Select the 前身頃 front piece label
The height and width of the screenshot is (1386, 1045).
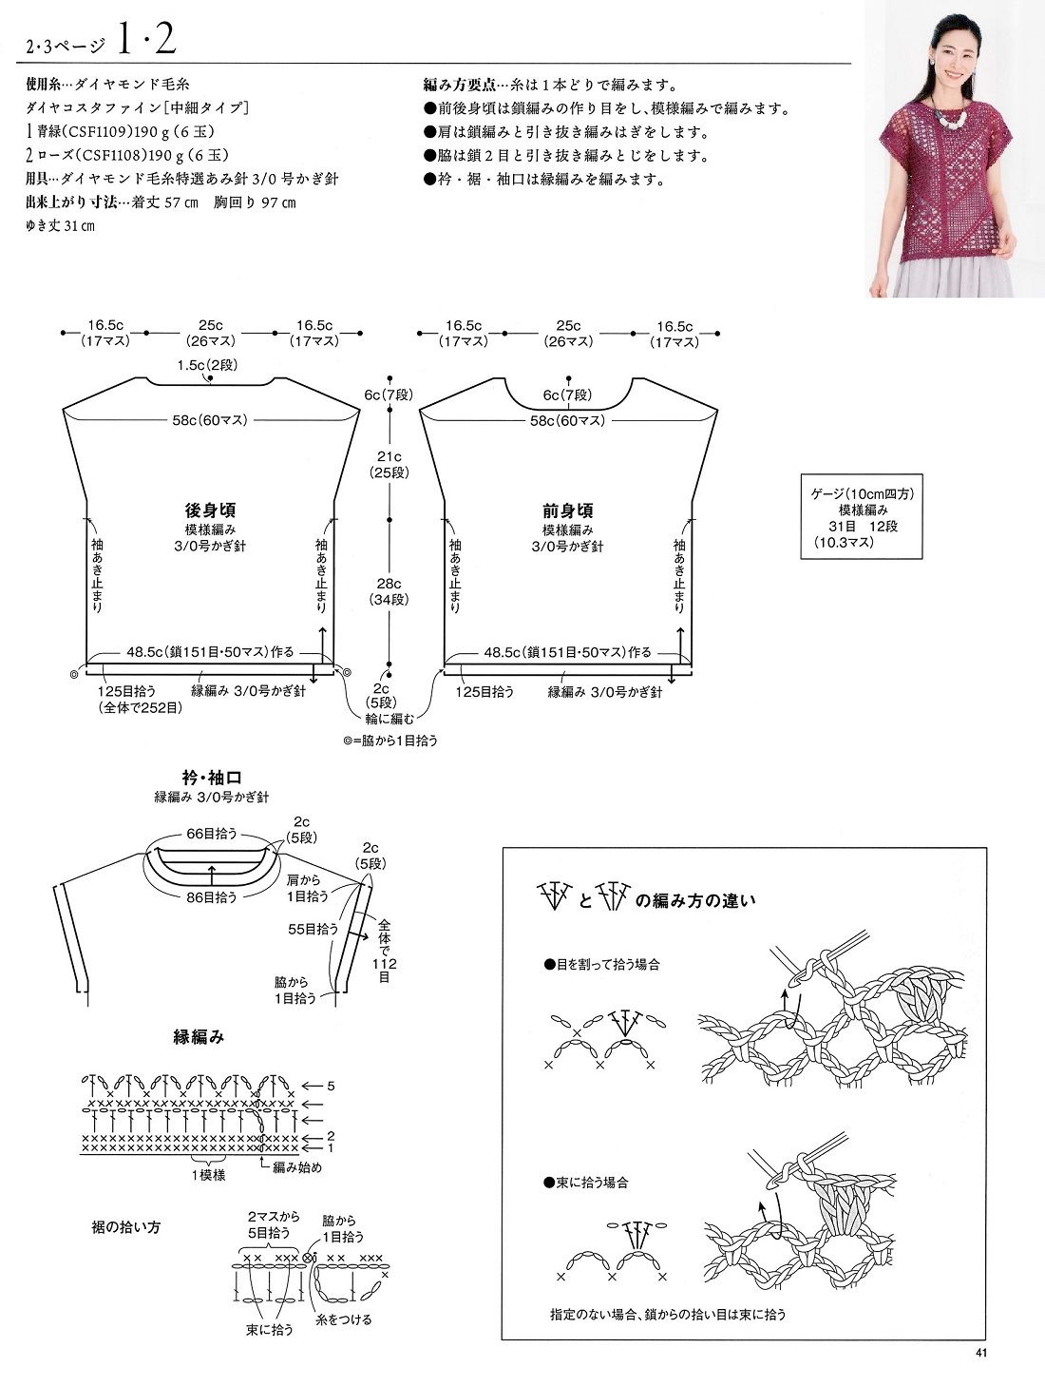[x=568, y=510]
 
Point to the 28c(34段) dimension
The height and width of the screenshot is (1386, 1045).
[x=389, y=591]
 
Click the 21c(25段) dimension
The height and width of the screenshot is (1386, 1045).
[x=389, y=464]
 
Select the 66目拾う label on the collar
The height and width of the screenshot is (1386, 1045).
[x=210, y=833]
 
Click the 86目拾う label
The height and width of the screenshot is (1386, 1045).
[x=211, y=895]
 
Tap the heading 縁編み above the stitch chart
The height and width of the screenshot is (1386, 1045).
[x=198, y=1038]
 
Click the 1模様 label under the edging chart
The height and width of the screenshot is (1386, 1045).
[x=207, y=1174]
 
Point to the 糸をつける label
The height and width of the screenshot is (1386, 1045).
[x=345, y=1319]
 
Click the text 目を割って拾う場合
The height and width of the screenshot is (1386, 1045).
[x=607, y=964]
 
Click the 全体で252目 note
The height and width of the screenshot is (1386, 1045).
[x=140, y=707]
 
